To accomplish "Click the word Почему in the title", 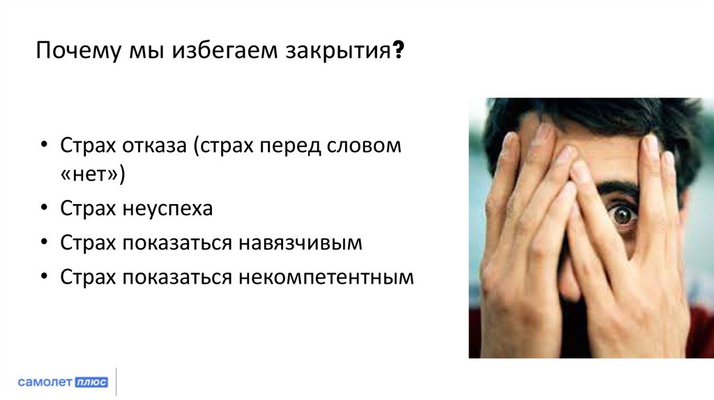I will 76,53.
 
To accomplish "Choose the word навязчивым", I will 301,243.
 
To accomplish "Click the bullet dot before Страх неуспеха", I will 44,209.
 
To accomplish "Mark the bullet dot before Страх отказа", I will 44,147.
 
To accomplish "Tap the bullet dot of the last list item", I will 44,277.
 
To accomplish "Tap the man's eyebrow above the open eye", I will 619,190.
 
